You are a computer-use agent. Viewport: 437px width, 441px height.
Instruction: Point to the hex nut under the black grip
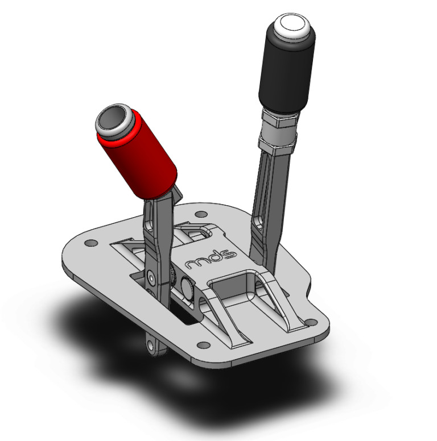pyautogui.click(x=279, y=122)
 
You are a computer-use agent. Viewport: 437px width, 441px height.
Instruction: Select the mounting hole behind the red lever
pyautogui.click(x=199, y=214)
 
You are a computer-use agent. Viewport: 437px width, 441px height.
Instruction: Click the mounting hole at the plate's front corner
pyautogui.click(x=200, y=343)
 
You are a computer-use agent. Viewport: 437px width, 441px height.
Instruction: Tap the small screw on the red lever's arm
pyautogui.click(x=150, y=277)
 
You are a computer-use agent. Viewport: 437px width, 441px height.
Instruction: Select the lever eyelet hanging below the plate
pyautogui.click(x=151, y=344)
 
